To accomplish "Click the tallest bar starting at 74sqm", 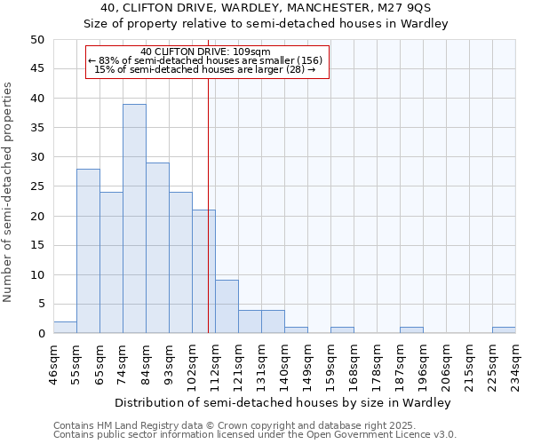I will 134,218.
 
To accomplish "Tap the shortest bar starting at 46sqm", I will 65,328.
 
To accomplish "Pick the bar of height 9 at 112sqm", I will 227,307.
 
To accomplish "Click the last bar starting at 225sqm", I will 504,330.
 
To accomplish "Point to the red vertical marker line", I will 208,204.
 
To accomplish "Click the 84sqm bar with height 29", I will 157,248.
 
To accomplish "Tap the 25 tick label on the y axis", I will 37,186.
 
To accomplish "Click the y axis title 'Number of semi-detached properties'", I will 9,192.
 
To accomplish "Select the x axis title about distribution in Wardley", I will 284,402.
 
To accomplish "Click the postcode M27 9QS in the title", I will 403,8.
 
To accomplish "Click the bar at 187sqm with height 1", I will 411,330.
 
